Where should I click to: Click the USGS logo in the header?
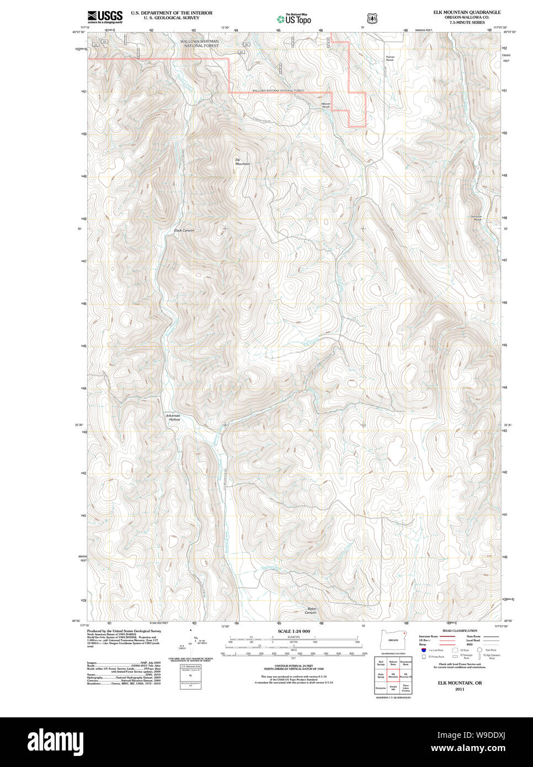(105, 17)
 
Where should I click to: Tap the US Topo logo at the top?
(294, 19)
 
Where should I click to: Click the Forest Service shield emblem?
(372, 18)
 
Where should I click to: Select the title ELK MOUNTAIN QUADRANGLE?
(467, 12)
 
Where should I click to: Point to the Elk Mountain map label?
(242, 162)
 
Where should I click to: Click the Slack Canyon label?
(184, 230)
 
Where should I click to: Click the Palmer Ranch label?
(390, 58)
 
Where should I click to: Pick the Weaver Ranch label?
(326, 104)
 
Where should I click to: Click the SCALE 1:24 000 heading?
(294, 631)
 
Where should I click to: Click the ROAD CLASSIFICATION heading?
(460, 631)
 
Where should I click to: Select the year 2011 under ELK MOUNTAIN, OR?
(460, 689)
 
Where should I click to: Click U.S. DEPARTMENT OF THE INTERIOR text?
(172, 12)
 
